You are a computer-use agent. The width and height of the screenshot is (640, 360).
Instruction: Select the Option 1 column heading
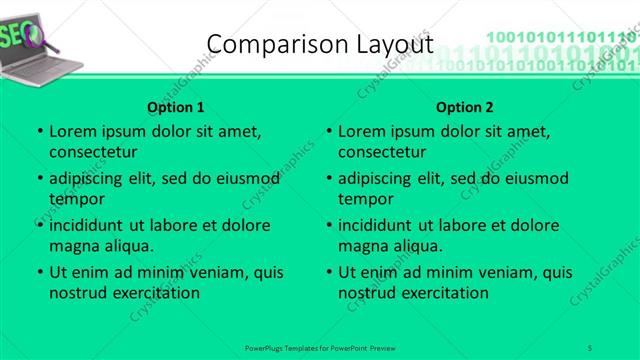pyautogui.click(x=176, y=107)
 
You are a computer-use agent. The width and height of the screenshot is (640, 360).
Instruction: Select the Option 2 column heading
pyautogui.click(x=465, y=107)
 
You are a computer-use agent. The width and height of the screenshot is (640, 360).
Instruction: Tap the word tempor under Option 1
pyautogui.click(x=75, y=199)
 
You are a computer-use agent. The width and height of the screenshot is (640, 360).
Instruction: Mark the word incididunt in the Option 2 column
pyautogui.click(x=376, y=225)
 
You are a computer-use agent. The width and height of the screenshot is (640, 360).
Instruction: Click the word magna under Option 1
pyautogui.click(x=71, y=246)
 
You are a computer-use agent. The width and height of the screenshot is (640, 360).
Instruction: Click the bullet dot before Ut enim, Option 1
pyautogui.click(x=39, y=273)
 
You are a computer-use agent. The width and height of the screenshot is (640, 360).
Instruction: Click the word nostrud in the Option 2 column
pyautogui.click(x=368, y=293)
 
